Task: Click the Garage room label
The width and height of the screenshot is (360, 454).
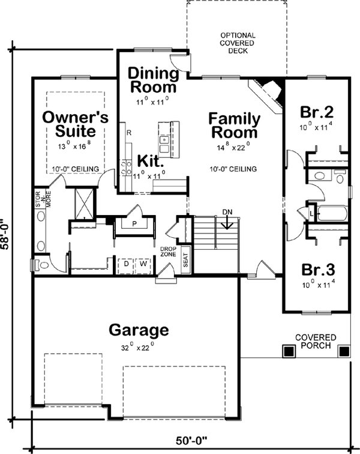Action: (x=138, y=330)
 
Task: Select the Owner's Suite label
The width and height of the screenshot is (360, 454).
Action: (x=76, y=124)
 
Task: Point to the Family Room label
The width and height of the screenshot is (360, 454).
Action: (x=234, y=126)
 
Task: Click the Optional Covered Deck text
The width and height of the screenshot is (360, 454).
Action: (x=237, y=43)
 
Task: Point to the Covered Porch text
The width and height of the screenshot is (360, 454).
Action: (x=316, y=342)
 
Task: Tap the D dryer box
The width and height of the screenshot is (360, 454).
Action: (x=127, y=263)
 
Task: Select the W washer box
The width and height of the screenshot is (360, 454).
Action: (x=143, y=263)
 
